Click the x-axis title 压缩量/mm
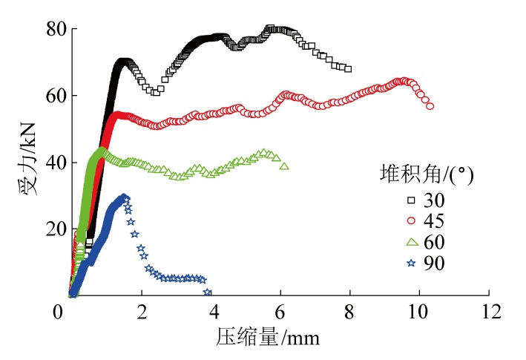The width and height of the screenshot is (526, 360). [269, 339]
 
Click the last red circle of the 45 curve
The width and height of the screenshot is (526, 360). [430, 106]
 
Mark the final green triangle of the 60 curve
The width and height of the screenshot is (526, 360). [284, 166]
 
